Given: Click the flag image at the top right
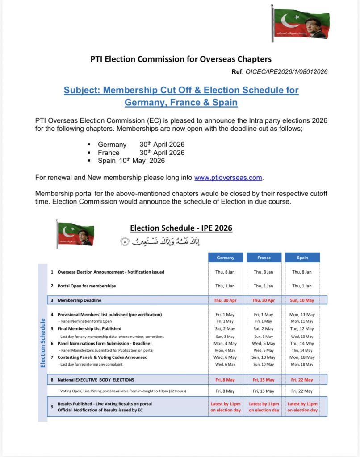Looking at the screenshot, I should click(x=300, y=23).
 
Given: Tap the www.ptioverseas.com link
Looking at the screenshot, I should click(x=228, y=178).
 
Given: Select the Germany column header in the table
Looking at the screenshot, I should click(x=226, y=258).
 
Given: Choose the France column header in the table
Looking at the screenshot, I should click(x=264, y=258).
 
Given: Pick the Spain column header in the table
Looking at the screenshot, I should click(x=302, y=258).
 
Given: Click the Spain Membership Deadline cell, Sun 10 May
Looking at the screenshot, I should click(x=302, y=300).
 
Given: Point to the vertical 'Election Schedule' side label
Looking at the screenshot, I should click(x=43, y=343).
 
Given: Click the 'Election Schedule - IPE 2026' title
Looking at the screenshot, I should click(x=181, y=228).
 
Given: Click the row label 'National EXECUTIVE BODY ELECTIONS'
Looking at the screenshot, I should click(x=96, y=380).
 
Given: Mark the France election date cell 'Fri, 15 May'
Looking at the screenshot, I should click(x=264, y=380).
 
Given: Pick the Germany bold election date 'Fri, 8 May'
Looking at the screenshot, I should click(x=226, y=380).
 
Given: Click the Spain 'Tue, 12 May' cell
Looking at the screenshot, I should click(x=302, y=329).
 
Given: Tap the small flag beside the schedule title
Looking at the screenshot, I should click(x=75, y=233).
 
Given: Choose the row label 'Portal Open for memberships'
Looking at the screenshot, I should click(x=87, y=286).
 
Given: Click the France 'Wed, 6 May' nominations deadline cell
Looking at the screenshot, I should click(x=264, y=343).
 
